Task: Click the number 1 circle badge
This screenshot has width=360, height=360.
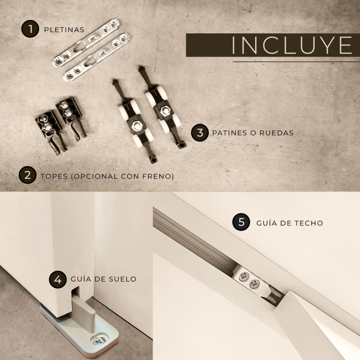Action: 30,29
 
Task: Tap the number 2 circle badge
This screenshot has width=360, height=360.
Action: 27,175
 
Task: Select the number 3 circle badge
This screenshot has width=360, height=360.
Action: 200,133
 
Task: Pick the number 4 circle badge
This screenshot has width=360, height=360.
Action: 58,279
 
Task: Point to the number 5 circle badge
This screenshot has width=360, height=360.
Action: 241,222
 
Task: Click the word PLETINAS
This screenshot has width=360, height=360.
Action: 64,30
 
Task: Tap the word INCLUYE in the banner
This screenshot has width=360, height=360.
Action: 292,45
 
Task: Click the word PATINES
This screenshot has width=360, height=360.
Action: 230,133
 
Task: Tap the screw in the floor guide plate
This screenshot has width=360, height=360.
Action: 99,342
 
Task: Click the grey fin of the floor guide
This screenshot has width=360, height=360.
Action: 83,314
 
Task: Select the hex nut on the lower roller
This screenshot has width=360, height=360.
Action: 137,126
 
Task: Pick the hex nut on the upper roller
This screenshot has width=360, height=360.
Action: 165,111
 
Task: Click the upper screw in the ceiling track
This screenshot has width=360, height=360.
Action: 244,276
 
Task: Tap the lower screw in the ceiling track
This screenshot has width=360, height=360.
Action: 254,284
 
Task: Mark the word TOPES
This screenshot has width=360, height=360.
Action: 54,176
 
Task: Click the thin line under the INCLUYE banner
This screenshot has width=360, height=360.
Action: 297,62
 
